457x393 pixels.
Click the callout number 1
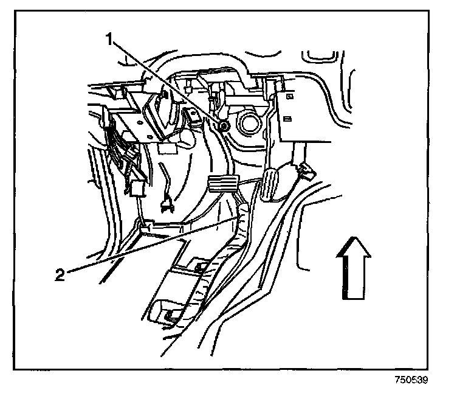pos(110,40)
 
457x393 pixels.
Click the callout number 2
pos(60,274)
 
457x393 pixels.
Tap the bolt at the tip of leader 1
pos(224,126)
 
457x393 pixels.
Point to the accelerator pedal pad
pos(271,184)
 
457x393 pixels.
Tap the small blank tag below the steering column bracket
pos(165,148)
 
